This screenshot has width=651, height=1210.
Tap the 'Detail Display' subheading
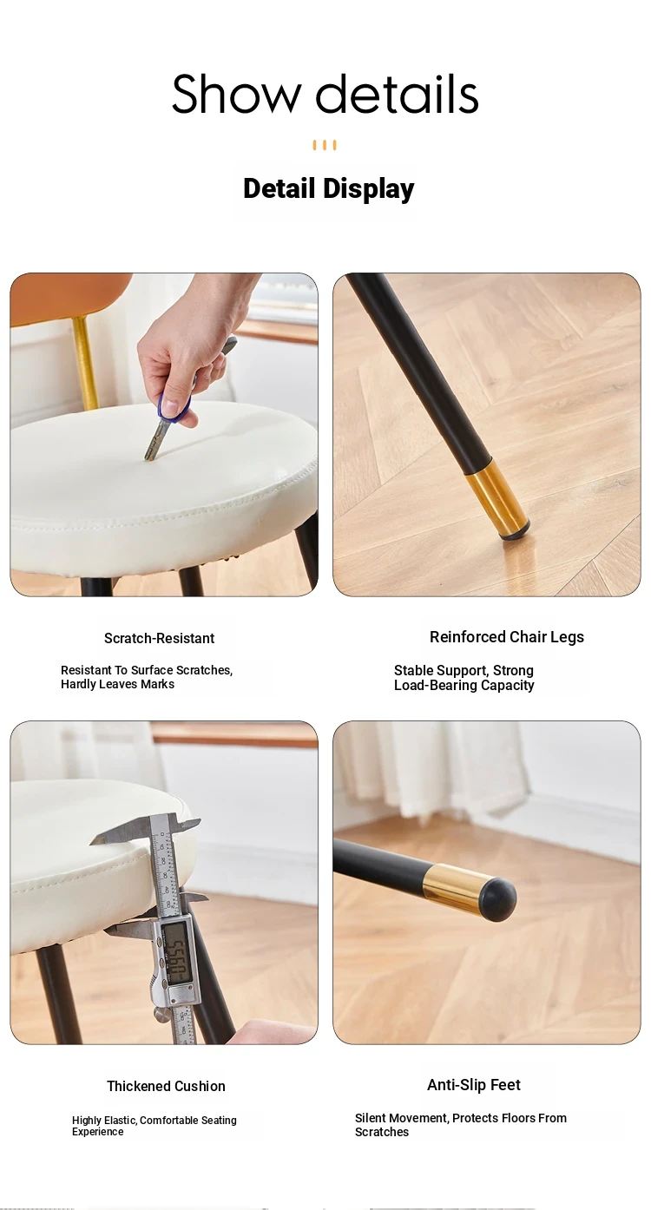[x=328, y=189]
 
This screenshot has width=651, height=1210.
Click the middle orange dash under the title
[x=325, y=145]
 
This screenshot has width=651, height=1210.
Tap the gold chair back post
[x=85, y=363]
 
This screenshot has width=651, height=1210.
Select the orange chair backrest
[x=70, y=299]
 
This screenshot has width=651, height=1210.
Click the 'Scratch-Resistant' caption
[x=160, y=638]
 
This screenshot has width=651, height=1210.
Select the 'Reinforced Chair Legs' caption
[x=507, y=637]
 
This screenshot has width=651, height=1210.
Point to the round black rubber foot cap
[x=497, y=898]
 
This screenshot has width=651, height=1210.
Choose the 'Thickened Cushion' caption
[x=166, y=1086]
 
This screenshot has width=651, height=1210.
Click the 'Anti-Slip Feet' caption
[x=474, y=1085]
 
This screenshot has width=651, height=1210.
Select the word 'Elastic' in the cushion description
[x=121, y=1121]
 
